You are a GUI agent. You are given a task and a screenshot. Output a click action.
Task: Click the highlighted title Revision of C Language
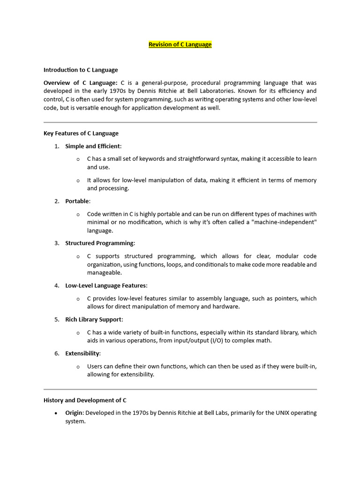point(180,45)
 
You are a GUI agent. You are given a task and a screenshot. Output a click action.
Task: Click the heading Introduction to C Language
point(81,70)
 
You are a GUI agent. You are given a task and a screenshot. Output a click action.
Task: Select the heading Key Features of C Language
point(81,133)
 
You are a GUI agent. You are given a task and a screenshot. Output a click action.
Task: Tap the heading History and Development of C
point(85,400)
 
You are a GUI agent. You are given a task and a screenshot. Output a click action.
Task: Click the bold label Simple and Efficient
point(93,146)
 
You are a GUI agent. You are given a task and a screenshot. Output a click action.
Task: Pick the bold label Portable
point(77,201)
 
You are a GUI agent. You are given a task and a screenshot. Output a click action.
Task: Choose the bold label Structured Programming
point(99,243)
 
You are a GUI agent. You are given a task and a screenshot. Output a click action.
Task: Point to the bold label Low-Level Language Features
point(106,285)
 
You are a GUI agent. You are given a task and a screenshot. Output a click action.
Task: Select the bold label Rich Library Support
point(94,319)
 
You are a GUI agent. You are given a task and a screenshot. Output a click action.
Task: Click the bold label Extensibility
point(82,353)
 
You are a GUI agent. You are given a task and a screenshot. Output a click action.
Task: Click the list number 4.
point(56,285)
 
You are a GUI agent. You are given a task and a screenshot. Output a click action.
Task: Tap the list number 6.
point(56,353)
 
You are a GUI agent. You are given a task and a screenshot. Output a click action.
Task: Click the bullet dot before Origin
point(56,413)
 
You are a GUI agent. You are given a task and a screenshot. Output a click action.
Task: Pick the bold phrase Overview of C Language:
point(81,82)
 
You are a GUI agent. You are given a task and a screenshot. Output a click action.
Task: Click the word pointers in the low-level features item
point(285,298)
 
